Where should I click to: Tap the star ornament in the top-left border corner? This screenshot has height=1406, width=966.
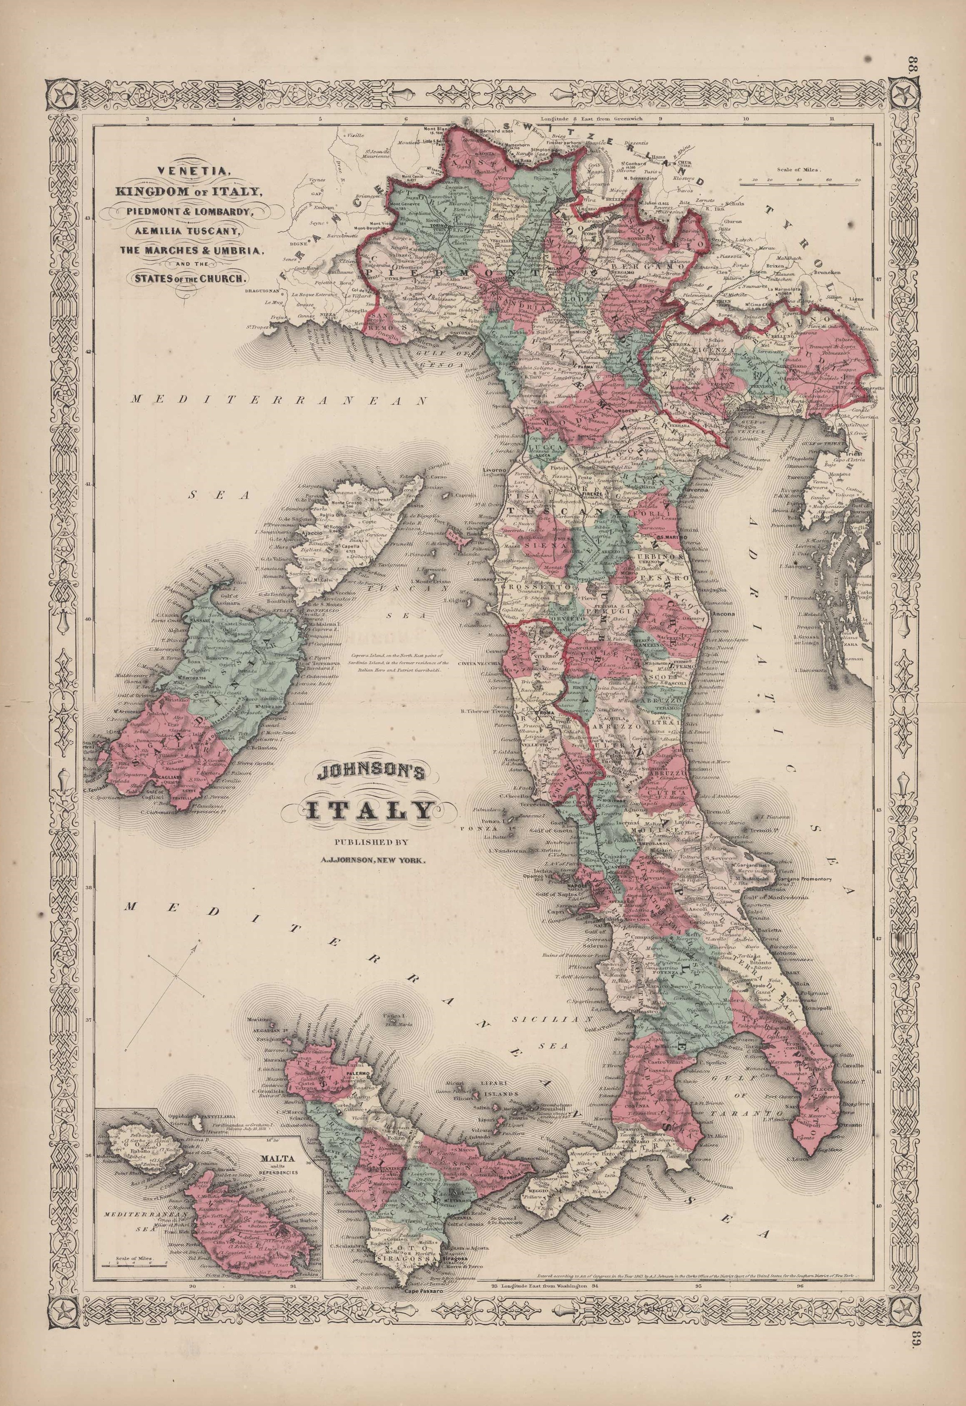pos(62,95)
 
